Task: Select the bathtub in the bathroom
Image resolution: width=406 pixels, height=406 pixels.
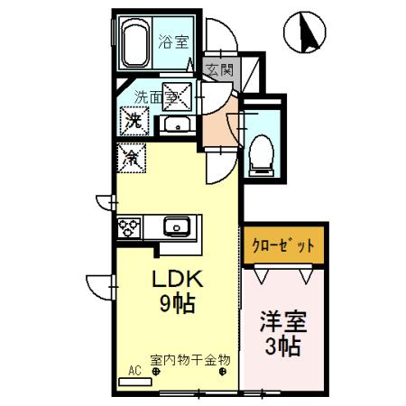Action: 135,44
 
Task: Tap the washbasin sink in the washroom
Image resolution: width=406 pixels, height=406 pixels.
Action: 175,125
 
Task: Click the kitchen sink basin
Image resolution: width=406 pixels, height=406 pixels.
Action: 175,225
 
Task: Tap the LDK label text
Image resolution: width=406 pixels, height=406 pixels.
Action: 175,276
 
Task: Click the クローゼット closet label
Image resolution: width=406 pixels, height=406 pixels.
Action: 281,245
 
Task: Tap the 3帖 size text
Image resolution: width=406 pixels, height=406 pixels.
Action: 281,346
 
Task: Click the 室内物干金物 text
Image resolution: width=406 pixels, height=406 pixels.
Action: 189,360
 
